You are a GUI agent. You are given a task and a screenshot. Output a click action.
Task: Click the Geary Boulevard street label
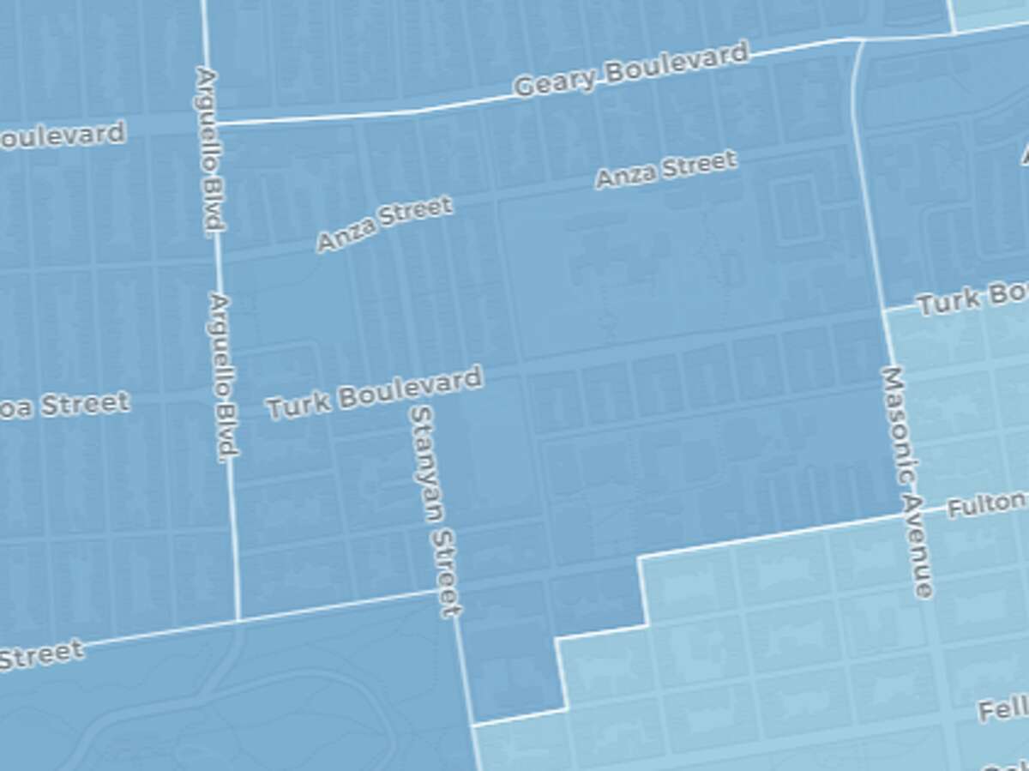coord(631,70)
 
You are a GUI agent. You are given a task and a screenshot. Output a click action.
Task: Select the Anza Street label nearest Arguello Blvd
coord(384,225)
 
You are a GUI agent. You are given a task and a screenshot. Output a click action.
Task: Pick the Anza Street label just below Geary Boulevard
coord(666,169)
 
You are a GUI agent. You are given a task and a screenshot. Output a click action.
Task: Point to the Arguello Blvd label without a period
coord(209,150)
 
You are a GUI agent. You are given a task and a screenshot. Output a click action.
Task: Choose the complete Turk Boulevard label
coord(374,394)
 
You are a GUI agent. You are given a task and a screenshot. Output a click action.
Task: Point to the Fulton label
coord(986,503)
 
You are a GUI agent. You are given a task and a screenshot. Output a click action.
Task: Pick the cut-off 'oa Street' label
coord(64,405)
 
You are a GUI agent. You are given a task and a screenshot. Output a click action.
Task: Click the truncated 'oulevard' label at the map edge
coord(62,136)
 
